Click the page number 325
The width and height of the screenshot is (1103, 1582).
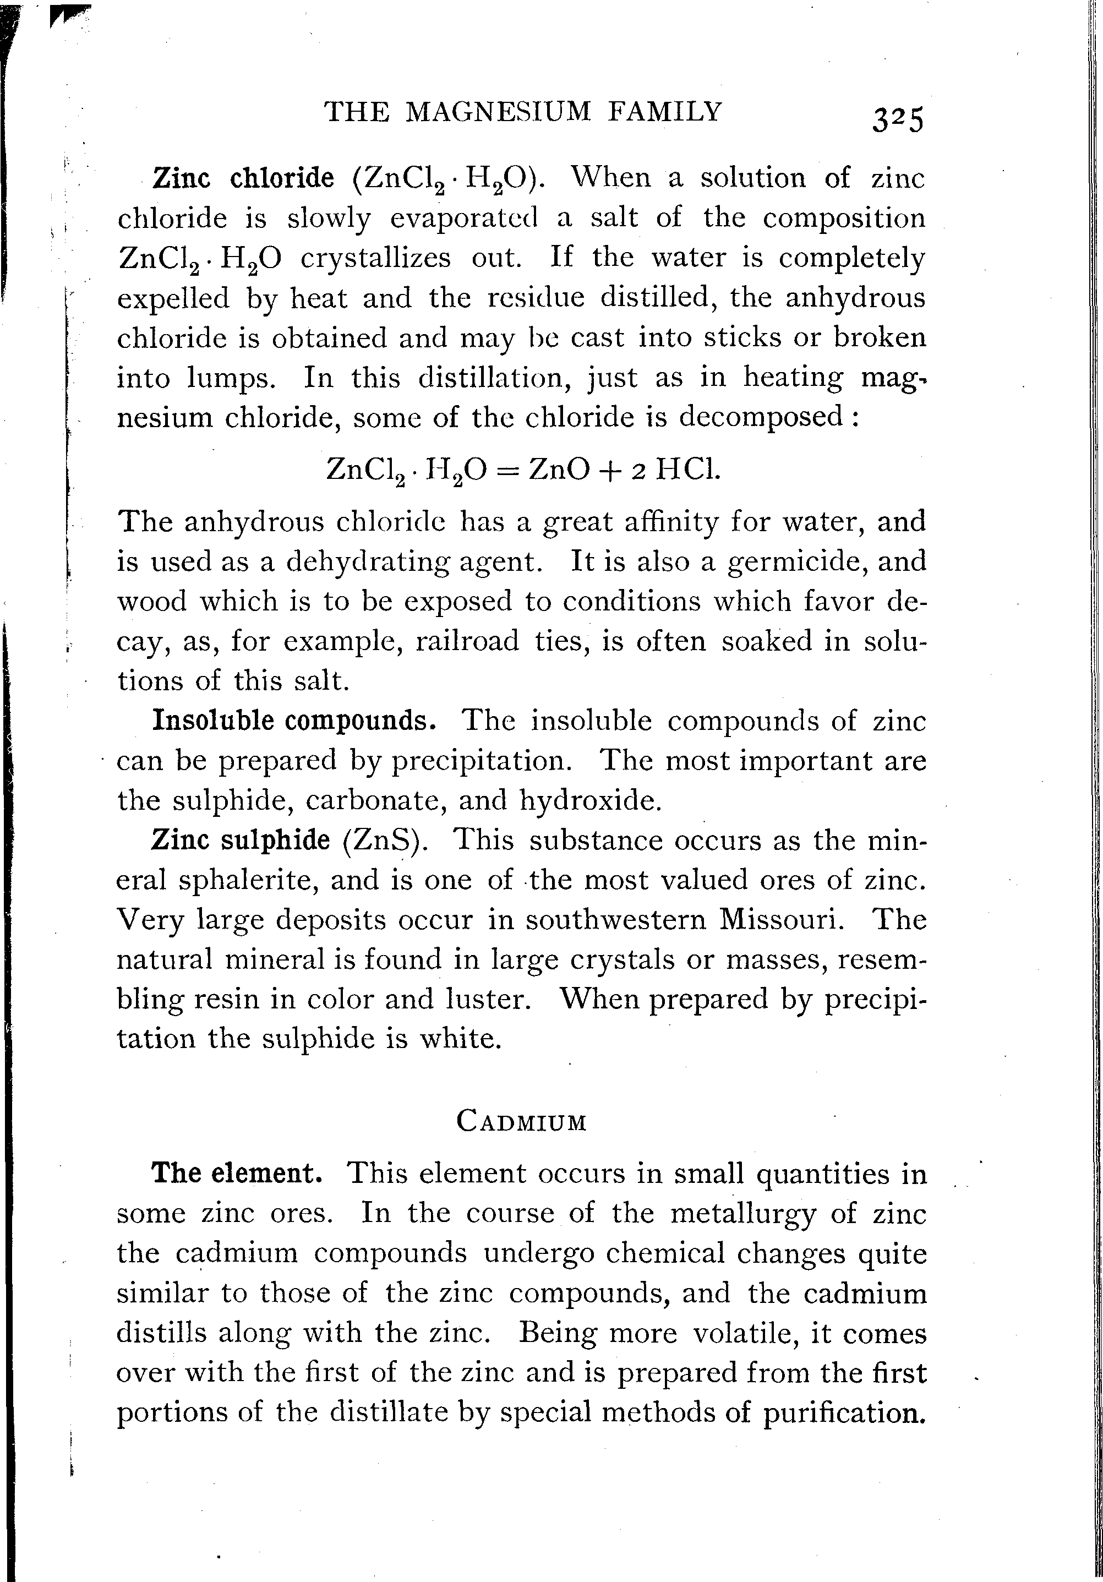point(895,121)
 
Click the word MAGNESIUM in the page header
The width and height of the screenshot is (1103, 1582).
point(498,111)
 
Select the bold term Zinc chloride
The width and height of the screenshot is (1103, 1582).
point(243,178)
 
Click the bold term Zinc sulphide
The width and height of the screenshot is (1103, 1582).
point(241,840)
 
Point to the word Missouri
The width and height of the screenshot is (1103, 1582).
point(781,920)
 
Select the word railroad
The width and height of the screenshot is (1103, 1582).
point(468,641)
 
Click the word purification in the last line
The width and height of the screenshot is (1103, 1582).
point(843,1413)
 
